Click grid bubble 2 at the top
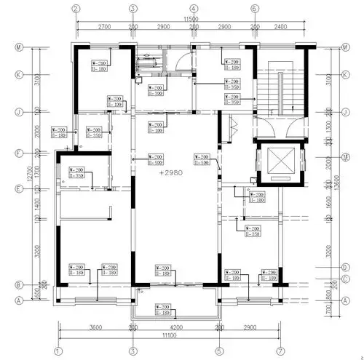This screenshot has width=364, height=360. click(76, 9)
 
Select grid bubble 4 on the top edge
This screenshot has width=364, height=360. click(194, 9)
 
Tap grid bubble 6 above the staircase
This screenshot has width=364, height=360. click(255, 9)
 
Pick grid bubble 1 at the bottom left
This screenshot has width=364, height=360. click(56, 352)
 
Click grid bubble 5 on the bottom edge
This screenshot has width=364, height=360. click(218, 352)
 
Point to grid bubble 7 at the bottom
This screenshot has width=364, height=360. click(280, 352)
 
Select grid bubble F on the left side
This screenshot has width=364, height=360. click(18, 153)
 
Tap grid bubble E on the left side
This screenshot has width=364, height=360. click(18, 188)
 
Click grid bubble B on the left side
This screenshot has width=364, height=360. click(18, 284)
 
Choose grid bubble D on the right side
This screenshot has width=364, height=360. click(346, 267)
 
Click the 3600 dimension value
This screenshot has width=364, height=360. click(94, 329)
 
